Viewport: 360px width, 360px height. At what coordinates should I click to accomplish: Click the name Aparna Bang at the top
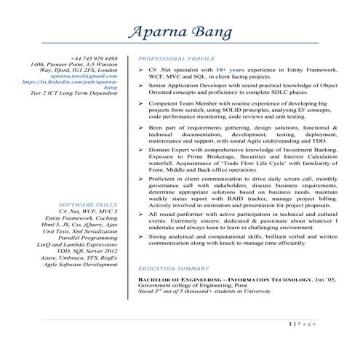click(180, 33)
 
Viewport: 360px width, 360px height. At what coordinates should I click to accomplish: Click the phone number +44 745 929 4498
click(94, 57)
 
